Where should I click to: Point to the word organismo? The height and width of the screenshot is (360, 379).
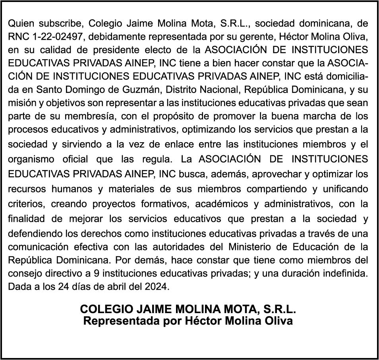tap(31, 160)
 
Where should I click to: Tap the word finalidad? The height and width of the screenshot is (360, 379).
tap(27, 218)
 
